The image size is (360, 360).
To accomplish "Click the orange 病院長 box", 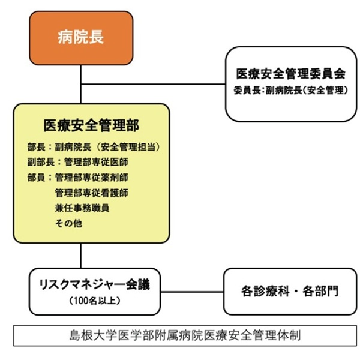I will [x=80, y=37].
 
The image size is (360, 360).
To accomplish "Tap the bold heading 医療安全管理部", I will [x=91, y=125].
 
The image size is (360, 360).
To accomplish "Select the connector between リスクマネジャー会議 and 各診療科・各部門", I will [x=193, y=292].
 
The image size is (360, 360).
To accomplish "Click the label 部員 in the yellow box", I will [x=35, y=178].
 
